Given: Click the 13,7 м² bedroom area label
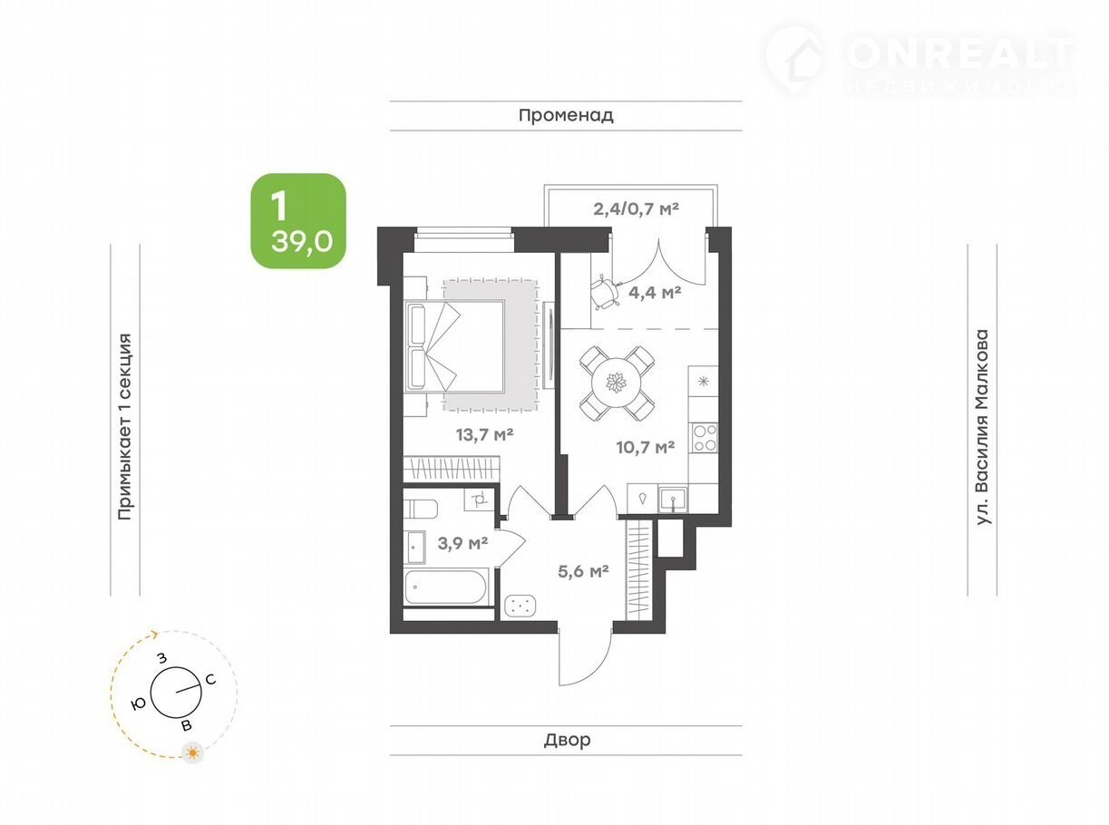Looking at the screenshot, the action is coord(484,435).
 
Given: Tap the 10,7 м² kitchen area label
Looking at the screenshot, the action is coord(646,447).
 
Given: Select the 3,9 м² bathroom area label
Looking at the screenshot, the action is coord(462,543).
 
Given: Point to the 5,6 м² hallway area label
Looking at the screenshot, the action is coord(583,571).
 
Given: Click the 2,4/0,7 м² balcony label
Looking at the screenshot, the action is coord(636,209).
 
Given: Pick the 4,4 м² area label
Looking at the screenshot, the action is coord(655,292).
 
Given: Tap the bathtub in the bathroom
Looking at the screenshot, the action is coord(445,587).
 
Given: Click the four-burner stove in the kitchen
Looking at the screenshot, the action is coord(704,438).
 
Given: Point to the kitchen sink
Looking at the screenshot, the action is coord(673,499).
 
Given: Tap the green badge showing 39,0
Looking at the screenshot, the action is coord(298,221).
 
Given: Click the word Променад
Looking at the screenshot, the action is coord(566,116).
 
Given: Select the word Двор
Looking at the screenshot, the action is coord(567,740).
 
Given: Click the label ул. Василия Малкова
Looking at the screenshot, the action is coord(982,427).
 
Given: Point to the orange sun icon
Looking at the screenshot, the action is coord(192,752).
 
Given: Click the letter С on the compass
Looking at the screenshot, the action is coord(210,680).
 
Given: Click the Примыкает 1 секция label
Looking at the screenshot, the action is coord(124,426).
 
